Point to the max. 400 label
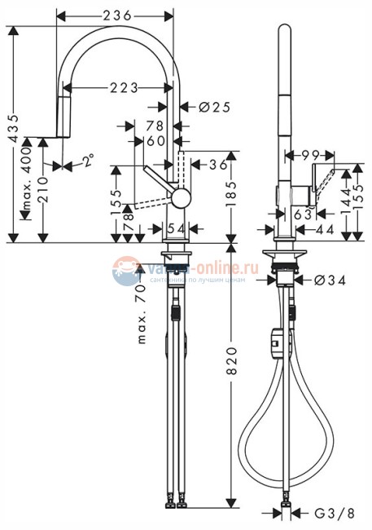click(28, 188)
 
